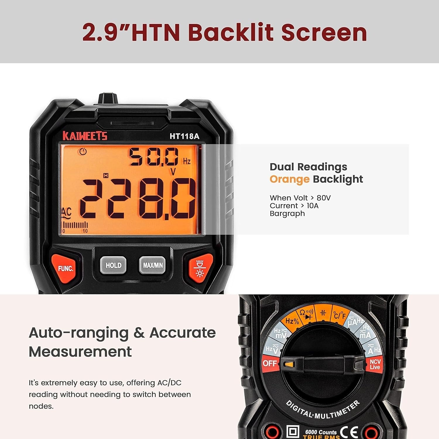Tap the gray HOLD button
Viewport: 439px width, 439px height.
[113, 265]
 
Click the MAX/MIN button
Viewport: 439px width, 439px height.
[152, 265]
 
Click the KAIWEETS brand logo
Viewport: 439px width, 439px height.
[85, 136]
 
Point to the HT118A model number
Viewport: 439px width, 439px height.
[184, 136]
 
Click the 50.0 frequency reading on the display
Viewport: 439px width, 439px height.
[154, 157]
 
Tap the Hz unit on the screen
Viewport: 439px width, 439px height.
[187, 161]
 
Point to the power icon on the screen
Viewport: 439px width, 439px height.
[83, 152]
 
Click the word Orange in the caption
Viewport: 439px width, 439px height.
[289, 179]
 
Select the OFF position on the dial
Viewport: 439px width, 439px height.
[270, 363]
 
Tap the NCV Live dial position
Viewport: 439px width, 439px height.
[375, 364]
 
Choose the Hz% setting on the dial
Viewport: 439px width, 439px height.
[292, 321]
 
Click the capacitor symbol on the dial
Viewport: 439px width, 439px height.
[323, 313]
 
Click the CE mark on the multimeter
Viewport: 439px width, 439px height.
[349, 432]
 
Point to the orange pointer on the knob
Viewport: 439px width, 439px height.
[289, 365]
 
